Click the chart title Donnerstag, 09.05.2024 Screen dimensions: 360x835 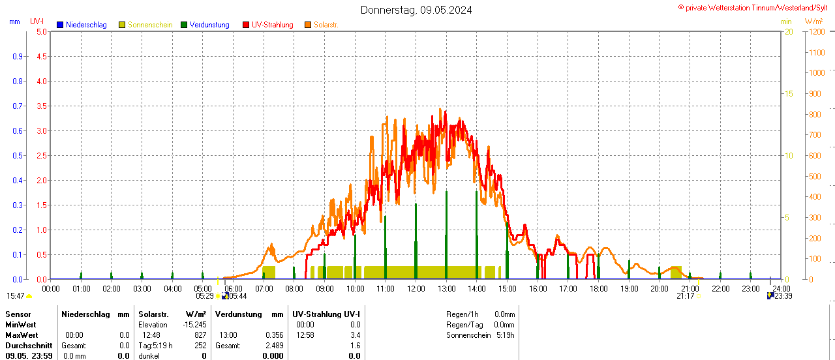pos(416,10)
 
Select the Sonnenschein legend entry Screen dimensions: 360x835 pos(150,25)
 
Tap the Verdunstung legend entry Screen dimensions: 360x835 pos(209,25)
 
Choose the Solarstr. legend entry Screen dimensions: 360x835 pos(326,25)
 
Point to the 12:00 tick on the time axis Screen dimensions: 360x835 pos(416,288)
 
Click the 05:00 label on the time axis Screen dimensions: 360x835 pos(203,288)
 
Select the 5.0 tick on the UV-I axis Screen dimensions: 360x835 pos(41,31)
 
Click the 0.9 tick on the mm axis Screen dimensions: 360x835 pos(18,57)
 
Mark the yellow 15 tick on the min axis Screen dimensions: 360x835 pos(789,94)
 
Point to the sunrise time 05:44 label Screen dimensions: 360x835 pos(237,296)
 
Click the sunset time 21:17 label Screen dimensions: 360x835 pos(685,296)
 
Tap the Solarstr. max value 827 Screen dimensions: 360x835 pos(200,335)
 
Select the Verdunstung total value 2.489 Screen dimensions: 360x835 pos(274,346)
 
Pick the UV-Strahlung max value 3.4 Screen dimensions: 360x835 pos(354,335)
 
